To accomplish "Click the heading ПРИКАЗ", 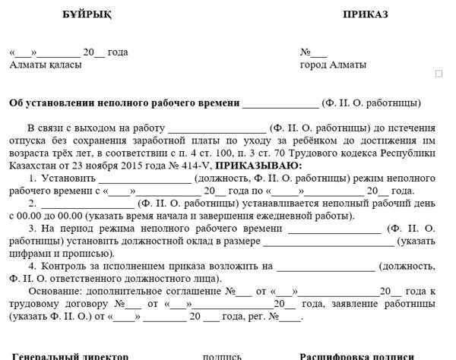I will tap(365, 14).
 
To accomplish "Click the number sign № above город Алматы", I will tap(306, 52).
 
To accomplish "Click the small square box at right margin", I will tap(439, 74).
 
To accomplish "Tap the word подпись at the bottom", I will tap(222, 355).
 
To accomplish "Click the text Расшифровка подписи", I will tap(356, 355).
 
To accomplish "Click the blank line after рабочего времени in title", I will tap(280, 103).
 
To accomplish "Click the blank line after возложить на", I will tap(326, 266).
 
